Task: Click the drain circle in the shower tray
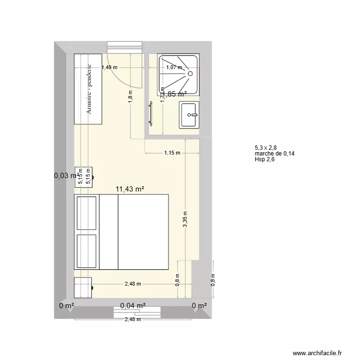pos(190,73)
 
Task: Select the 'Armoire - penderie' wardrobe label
pos(88,89)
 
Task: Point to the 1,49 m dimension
pos(109,68)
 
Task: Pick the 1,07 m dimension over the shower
pos(174,68)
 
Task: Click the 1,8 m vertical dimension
pos(130,96)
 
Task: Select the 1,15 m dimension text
pos(171,154)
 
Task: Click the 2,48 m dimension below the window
pos(133,319)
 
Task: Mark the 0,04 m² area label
pos(133,305)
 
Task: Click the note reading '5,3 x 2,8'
pos(266,148)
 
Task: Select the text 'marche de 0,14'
pos(274,154)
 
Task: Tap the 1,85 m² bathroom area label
pos(174,94)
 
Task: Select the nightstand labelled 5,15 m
pos(84,176)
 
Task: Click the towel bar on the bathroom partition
pos(151,113)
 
